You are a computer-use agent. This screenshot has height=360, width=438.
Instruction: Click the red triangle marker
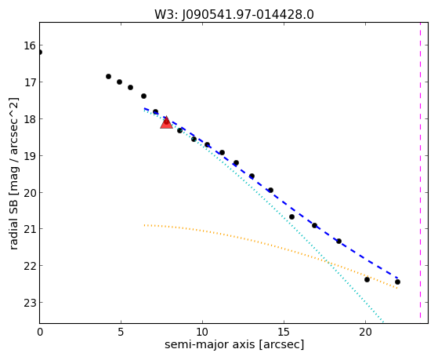(166, 122)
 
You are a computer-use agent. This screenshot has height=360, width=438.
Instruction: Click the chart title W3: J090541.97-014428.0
(234, 15)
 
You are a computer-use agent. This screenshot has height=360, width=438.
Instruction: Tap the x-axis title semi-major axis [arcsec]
(234, 344)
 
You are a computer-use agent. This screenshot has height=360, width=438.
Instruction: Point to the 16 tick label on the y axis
(30, 45)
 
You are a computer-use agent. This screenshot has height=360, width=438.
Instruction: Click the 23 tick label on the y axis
(30, 303)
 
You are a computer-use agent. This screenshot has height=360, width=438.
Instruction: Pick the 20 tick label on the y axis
(30, 193)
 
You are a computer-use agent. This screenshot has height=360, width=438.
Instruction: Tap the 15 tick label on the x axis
(284, 333)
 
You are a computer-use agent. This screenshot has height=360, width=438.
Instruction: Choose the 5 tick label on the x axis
(121, 333)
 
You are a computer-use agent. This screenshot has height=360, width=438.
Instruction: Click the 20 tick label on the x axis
(365, 333)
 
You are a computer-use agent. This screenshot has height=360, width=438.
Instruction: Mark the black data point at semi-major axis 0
(40, 52)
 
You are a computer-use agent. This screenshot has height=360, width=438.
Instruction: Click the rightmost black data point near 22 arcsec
(397, 282)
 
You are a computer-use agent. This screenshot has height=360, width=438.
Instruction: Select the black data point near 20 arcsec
(367, 279)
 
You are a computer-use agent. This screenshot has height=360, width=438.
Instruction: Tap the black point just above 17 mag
(108, 76)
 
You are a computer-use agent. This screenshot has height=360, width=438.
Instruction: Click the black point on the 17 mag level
(119, 82)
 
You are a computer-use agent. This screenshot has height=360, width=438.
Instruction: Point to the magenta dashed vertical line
(420, 171)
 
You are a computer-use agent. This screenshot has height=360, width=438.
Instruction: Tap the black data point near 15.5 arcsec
(291, 216)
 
